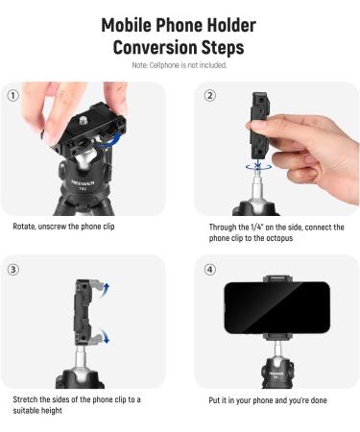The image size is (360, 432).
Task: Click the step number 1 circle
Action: pyautogui.click(x=12, y=95)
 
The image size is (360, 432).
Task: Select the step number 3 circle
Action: pyautogui.click(x=12, y=269)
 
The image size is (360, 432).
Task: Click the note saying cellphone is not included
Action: pyautogui.click(x=180, y=64)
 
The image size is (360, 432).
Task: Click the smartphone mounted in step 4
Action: pyautogui.click(x=276, y=307)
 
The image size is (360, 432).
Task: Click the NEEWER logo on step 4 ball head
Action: pyautogui.click(x=276, y=367)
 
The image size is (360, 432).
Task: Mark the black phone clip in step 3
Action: pyautogui.click(x=85, y=312)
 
